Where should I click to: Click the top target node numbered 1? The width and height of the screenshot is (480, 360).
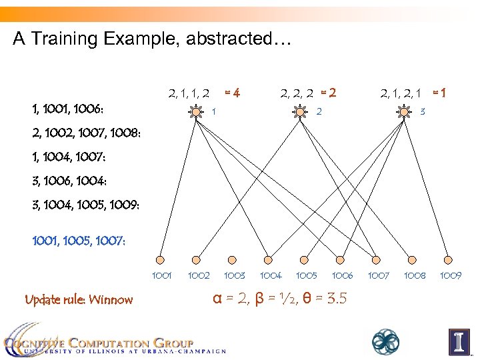point(196,111)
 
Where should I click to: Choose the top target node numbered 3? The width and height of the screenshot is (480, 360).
point(405,111)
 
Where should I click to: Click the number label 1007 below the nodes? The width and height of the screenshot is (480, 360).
point(379,275)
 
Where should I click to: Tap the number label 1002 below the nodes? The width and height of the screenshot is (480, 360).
point(198,275)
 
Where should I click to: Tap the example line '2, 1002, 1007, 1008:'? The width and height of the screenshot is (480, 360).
point(86,133)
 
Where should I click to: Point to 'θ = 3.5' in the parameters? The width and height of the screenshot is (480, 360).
point(322,298)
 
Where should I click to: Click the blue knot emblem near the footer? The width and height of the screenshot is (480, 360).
point(386,341)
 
